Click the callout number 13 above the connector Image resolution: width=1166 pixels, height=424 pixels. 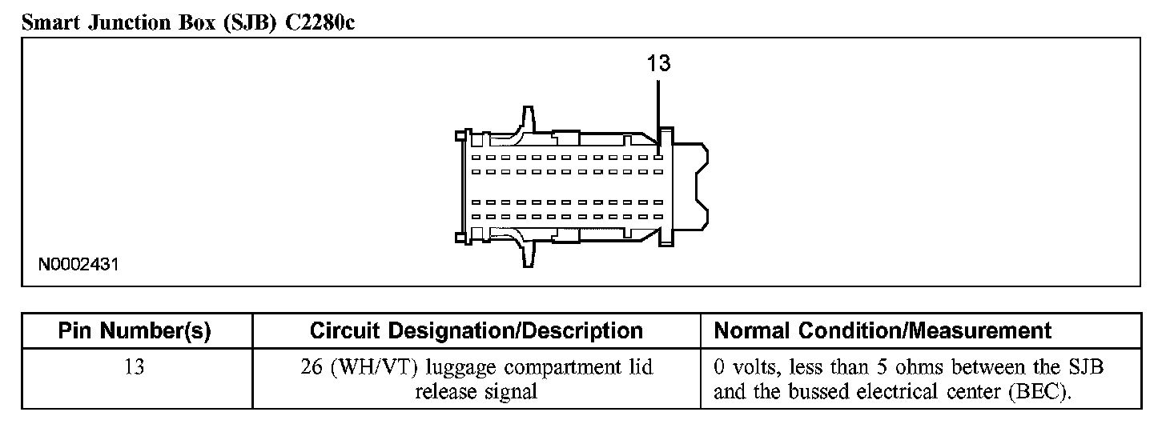(658, 65)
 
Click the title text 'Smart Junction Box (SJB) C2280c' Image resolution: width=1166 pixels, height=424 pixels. (187, 22)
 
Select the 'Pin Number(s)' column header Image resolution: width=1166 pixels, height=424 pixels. (135, 331)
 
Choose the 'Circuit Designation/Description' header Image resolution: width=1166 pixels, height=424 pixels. (476, 331)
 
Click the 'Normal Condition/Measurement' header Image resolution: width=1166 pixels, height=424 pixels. (882, 331)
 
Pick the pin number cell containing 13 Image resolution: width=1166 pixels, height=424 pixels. (135, 367)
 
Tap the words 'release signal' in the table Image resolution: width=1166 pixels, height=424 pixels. (476, 392)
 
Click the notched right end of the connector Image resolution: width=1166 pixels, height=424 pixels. (694, 187)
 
